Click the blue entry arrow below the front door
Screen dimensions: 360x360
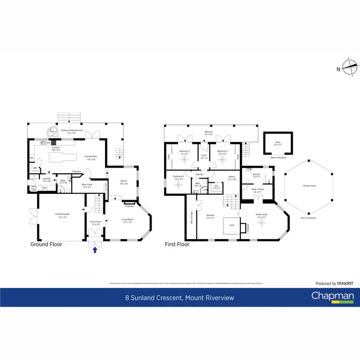[x=95, y=249]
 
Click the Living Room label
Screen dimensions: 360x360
[x=127, y=221]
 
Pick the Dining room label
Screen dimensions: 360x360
[x=124, y=182]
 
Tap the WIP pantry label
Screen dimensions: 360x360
[x=35, y=168]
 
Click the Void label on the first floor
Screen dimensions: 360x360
[x=232, y=225]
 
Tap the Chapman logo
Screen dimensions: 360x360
[x=333, y=297]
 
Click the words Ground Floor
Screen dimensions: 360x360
[x=46, y=244]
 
